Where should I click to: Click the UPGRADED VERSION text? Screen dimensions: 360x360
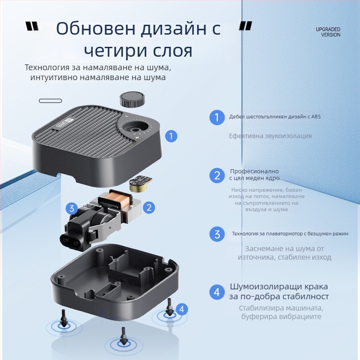click(x=328, y=32)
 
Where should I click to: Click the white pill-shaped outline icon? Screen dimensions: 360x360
click(x=50, y=100)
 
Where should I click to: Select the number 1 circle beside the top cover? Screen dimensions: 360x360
click(x=171, y=136)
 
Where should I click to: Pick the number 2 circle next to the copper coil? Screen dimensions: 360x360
click(x=149, y=207)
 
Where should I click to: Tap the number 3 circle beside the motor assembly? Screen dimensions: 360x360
click(x=71, y=208)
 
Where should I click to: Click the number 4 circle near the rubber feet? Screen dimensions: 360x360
click(x=181, y=309)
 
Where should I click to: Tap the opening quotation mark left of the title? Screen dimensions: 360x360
click(x=32, y=27)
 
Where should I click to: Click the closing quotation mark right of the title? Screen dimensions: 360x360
click(x=245, y=26)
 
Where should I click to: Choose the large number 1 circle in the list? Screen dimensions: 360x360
click(x=217, y=118)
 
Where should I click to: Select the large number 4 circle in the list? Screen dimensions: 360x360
click(x=217, y=292)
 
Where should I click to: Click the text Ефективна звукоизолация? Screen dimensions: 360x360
click(x=270, y=136)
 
